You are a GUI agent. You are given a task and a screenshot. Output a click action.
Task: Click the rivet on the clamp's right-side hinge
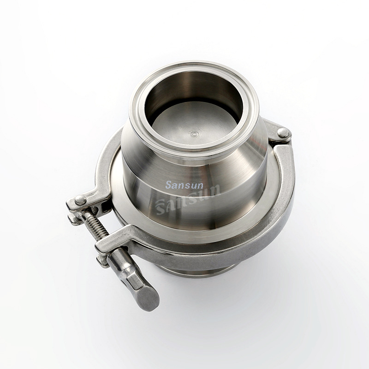(x=283, y=133)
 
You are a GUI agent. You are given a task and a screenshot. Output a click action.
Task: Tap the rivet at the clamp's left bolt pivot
(x=80, y=200)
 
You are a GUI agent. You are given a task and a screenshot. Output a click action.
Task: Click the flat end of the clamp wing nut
(x=149, y=298)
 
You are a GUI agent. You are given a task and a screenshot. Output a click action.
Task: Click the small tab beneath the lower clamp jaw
(x=102, y=261)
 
